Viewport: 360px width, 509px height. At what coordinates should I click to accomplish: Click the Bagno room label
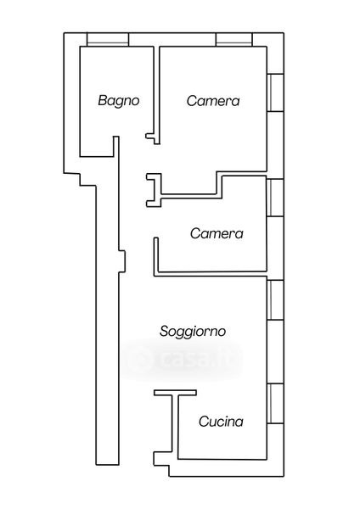119,101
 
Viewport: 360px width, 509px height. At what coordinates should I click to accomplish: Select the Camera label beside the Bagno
213,101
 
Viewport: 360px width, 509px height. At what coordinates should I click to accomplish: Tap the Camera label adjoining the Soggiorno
217,233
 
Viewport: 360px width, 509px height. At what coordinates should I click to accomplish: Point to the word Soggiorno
193,332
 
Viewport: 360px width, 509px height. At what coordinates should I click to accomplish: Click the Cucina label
221,422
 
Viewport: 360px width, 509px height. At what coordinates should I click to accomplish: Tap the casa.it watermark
184,359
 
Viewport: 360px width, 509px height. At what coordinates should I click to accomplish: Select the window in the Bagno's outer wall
108,39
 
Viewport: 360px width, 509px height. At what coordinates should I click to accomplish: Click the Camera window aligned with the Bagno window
234,39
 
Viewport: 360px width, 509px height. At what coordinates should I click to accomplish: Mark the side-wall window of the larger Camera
275,92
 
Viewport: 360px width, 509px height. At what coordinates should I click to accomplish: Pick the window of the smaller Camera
275,198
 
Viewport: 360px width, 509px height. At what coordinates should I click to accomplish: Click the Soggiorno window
275,300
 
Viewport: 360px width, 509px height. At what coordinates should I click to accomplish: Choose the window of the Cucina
275,404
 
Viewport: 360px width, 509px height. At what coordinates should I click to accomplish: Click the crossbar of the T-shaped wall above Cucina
175,393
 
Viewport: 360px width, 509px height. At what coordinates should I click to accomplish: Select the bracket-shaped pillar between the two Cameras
154,190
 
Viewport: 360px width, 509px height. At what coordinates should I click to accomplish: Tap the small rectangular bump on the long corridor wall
122,261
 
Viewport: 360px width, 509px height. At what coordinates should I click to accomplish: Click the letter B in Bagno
103,100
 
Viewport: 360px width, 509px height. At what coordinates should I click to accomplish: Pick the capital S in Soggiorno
164,331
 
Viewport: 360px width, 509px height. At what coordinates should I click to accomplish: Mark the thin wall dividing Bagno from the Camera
156,95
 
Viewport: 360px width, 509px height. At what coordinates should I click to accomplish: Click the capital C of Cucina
204,422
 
